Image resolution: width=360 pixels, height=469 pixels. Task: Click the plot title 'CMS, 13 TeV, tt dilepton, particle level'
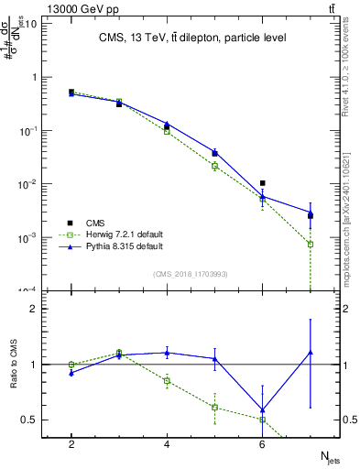pos(193,38)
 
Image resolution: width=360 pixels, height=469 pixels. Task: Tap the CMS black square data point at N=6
pos(263,183)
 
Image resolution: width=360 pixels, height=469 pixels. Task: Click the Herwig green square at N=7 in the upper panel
pos(311,245)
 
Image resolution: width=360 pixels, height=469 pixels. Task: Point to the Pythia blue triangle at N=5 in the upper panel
pos(214,152)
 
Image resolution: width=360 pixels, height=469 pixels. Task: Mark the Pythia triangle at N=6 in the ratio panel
pos(263,409)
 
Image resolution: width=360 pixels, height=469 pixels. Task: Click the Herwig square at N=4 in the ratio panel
pos(167,380)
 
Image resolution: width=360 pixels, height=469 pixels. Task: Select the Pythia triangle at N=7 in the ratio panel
pos(311,352)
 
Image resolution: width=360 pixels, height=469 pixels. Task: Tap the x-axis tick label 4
pos(167,444)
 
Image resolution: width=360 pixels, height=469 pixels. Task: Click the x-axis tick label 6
pos(263,444)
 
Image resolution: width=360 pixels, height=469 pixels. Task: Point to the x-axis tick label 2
pos(71,444)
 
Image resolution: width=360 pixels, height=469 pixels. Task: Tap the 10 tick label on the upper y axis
pos(31,24)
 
